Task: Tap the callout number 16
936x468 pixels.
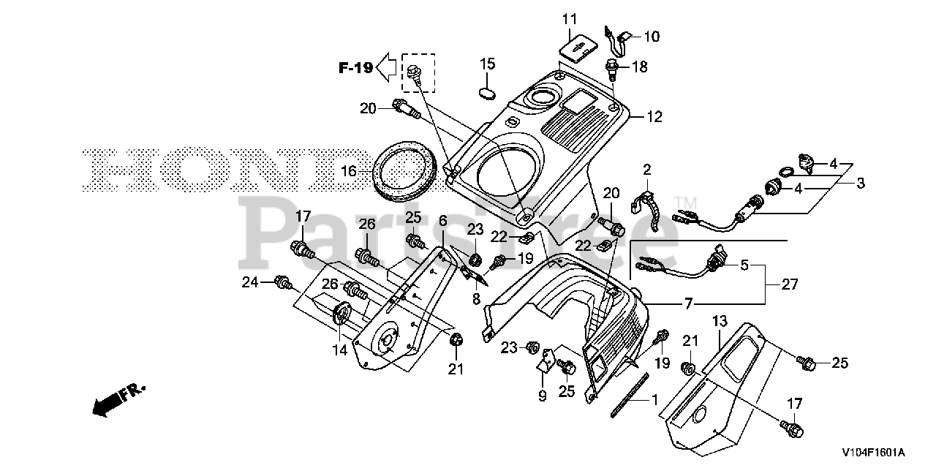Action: point(349,171)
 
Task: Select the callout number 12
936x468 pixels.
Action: point(654,116)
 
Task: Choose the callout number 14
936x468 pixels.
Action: point(339,350)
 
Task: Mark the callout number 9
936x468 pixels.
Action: point(542,396)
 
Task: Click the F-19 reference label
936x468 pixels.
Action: point(355,68)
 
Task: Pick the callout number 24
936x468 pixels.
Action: point(251,281)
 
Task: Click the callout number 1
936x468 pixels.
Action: point(654,399)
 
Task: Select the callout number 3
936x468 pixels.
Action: point(860,183)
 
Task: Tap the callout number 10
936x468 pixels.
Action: point(651,35)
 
